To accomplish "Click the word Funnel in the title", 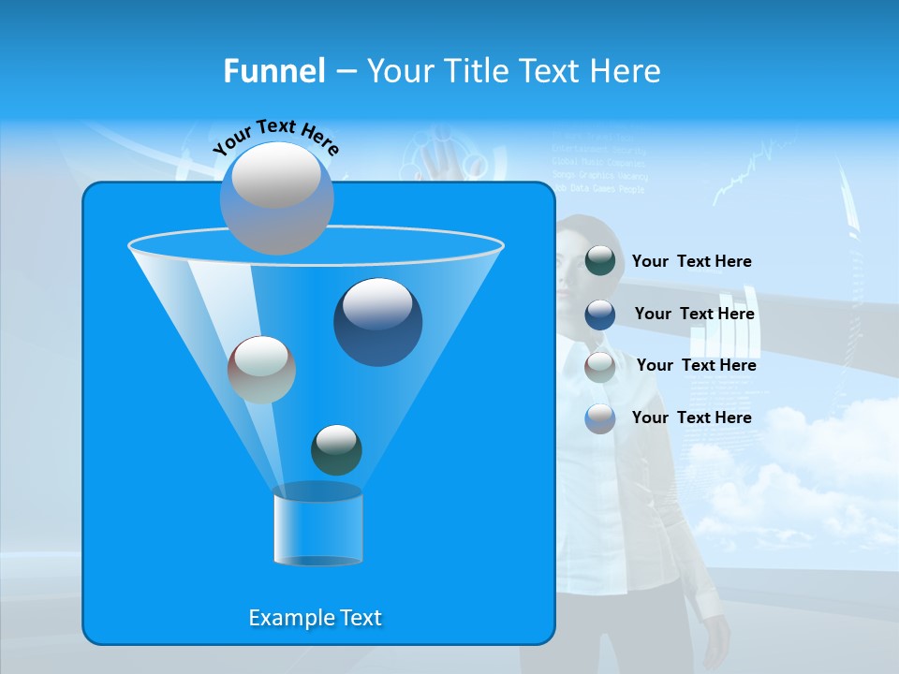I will (273, 71).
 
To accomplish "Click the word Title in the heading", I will (476, 71).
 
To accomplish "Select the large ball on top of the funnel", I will (277, 198).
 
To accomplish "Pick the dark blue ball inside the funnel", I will (377, 322).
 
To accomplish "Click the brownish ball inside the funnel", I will (261, 370).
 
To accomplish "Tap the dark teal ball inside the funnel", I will (336, 449).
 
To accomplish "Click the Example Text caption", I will (315, 618).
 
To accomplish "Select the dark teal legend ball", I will (600, 261).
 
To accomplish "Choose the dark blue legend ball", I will (600, 314).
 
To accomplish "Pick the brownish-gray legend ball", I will (600, 366).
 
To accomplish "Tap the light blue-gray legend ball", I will (600, 418).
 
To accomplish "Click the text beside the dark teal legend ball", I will (691, 261).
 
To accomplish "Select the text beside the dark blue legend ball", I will (694, 314).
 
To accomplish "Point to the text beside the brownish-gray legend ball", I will (696, 365).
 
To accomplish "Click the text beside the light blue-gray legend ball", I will (691, 418).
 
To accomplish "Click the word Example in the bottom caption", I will (281, 618).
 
